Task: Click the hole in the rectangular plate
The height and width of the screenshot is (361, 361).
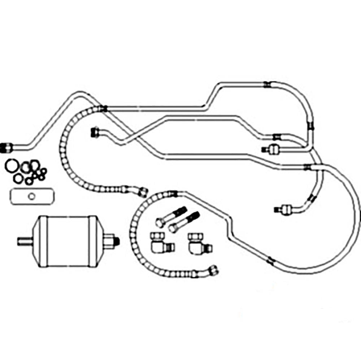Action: (x=31, y=196)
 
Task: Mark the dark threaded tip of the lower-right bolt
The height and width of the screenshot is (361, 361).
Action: (x=195, y=216)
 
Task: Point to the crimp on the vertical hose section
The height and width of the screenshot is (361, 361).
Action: (x=310, y=126)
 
